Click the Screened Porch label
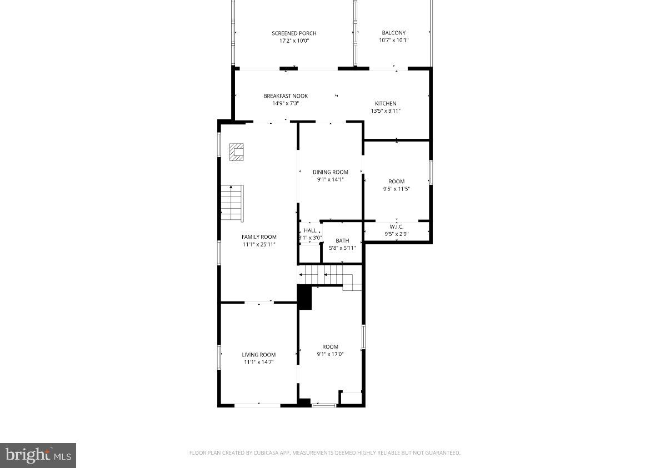click(294, 33)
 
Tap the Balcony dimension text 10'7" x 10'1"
click(393, 41)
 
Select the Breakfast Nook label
click(286, 96)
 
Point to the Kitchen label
click(386, 104)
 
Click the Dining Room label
click(330, 172)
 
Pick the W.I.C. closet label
click(396, 227)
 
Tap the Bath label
click(342, 241)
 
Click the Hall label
click(310, 230)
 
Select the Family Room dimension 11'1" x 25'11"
click(258, 244)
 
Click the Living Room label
click(258, 355)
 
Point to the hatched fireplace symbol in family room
click(237, 152)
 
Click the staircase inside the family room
click(232, 203)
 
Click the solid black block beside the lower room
click(304, 297)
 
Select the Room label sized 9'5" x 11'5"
click(396, 182)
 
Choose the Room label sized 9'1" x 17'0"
click(330, 347)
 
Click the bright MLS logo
click(38, 455)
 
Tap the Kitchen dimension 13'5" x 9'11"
click(386, 111)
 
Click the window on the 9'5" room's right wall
click(431, 173)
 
